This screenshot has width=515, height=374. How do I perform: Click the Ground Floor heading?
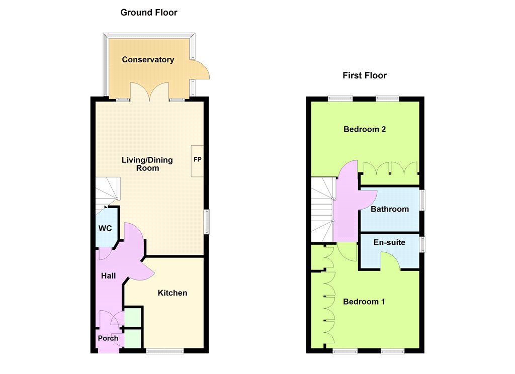pos(149,13)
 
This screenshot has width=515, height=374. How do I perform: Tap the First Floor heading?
pos(365,75)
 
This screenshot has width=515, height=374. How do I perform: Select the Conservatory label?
pos(148,60)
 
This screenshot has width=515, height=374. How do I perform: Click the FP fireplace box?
pos(197,161)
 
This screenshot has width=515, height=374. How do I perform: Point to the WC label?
pos(105,229)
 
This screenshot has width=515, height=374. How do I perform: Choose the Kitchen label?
pos(173,293)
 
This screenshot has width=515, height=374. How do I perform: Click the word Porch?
pos(108,338)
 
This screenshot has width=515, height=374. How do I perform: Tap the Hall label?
pos(109,276)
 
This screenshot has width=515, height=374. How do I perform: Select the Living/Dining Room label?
pos(147,164)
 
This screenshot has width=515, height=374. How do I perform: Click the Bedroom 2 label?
pos(365,129)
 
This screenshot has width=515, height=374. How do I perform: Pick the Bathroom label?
pos(390,209)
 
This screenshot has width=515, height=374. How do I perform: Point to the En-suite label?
pos(390,243)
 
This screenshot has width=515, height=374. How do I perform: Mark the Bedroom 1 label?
pos(364,302)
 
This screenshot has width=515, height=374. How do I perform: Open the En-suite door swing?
pos(390,260)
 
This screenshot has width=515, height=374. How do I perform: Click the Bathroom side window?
pos(423,200)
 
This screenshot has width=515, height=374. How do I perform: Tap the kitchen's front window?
pos(165,351)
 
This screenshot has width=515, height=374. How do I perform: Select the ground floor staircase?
pos(108,194)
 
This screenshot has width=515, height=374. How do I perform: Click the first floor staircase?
pos(323,210)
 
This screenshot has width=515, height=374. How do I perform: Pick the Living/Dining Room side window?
pos(207,222)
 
